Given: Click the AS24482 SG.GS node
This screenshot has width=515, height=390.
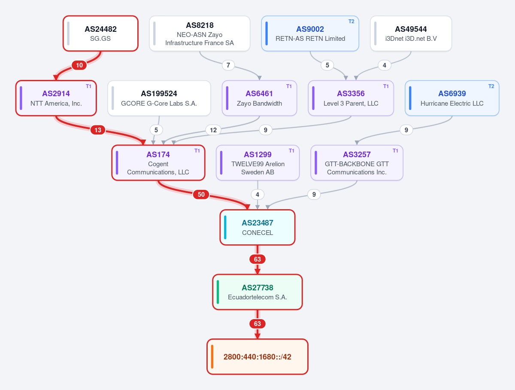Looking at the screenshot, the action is click(x=100, y=34).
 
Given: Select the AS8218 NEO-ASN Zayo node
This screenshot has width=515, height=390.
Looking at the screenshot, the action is click(x=200, y=34).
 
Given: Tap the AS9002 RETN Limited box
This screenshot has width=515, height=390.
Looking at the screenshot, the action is click(x=310, y=34).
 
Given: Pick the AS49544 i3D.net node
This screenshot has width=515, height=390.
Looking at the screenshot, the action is click(x=411, y=34).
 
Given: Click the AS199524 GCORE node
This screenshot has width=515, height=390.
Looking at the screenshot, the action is click(x=159, y=98).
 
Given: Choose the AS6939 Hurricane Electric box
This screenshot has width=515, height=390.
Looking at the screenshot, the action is click(x=452, y=98).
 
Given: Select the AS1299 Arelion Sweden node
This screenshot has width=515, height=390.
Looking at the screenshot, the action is click(x=257, y=163).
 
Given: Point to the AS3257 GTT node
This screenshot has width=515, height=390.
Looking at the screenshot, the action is click(x=357, y=163).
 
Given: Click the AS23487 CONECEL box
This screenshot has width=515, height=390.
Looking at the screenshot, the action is click(x=257, y=227).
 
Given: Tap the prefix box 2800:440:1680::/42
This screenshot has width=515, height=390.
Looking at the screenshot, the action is click(x=257, y=356).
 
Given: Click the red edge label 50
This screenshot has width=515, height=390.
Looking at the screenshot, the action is click(x=201, y=195).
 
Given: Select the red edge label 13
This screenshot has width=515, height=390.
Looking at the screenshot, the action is click(x=98, y=130).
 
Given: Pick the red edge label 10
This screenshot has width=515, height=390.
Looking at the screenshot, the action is click(x=79, y=65).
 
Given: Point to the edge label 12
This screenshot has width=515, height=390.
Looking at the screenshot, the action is click(x=213, y=130).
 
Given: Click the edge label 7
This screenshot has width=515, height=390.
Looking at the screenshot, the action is click(x=228, y=65).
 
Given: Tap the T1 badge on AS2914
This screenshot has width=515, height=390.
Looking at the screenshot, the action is click(x=88, y=86).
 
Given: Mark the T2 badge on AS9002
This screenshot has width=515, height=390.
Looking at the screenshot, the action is click(x=351, y=21).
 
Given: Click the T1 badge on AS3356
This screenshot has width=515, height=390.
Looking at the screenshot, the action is click(x=386, y=86).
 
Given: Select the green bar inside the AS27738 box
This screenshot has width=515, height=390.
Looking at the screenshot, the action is click(x=218, y=292).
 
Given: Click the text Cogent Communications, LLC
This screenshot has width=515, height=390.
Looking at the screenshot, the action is click(x=158, y=168).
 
